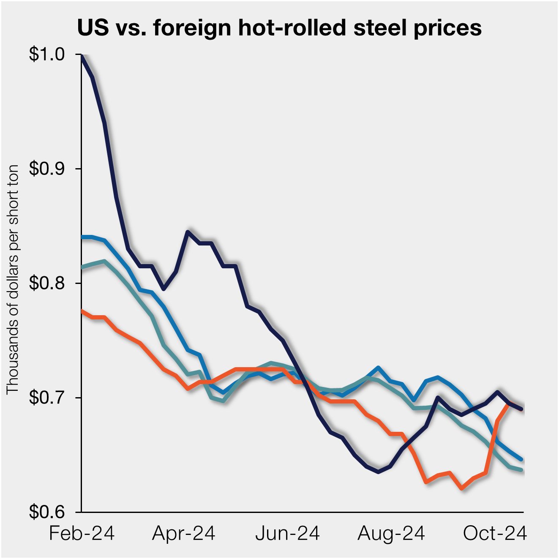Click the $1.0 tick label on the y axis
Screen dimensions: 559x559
[46, 55]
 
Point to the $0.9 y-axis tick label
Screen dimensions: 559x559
[46, 169]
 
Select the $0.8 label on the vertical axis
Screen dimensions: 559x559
[46, 283]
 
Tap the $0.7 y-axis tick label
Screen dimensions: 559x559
[46, 398]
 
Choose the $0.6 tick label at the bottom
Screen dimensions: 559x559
[46, 512]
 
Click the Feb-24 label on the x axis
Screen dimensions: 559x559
[82, 534]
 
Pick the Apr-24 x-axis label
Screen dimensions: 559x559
[184, 534]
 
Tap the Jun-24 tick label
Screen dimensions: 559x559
[287, 534]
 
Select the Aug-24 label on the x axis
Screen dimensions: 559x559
[391, 534]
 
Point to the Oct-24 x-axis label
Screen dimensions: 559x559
[495, 534]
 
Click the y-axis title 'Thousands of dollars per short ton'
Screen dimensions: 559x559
[13, 279]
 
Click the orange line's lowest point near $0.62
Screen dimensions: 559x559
[462, 489]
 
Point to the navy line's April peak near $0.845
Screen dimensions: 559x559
[188, 232]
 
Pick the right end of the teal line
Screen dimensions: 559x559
[522, 470]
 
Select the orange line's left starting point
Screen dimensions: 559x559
[82, 311]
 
